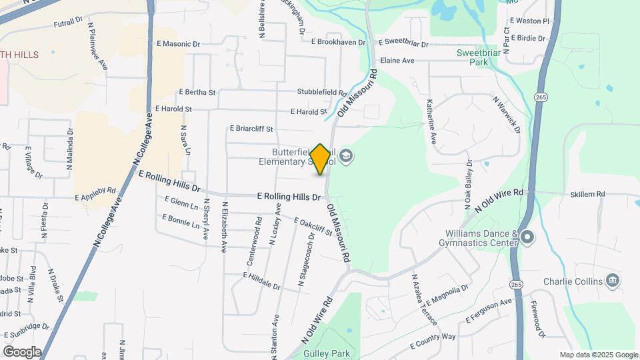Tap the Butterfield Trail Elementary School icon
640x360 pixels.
(346, 157)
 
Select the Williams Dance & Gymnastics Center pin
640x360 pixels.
(527, 237)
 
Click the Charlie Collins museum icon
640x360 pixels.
(611, 281)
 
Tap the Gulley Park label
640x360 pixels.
(326, 353)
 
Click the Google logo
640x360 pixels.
(22, 352)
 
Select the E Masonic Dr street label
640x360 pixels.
(178, 44)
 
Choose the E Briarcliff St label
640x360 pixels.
(252, 129)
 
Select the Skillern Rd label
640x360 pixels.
(587, 194)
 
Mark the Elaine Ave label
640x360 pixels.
(397, 61)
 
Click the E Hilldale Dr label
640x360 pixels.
(262, 281)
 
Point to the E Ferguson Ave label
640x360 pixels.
(488, 311)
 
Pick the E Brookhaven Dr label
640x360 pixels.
(338, 41)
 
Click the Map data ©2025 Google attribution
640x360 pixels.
(597, 355)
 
